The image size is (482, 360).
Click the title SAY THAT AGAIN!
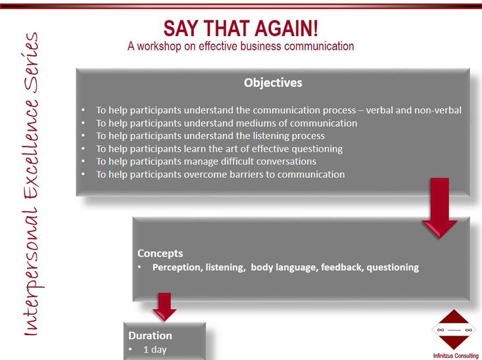241,28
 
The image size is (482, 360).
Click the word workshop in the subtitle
158,46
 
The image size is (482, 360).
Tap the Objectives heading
273,83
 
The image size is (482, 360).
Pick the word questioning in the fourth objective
317,149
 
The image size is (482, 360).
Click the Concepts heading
160,254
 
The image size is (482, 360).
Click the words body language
283,267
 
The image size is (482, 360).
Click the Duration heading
150,336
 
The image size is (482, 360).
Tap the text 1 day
155,349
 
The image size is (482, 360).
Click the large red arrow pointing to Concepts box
439,208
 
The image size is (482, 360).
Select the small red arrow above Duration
164,307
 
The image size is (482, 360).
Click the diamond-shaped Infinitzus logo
454,330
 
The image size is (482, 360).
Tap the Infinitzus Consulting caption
456,355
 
